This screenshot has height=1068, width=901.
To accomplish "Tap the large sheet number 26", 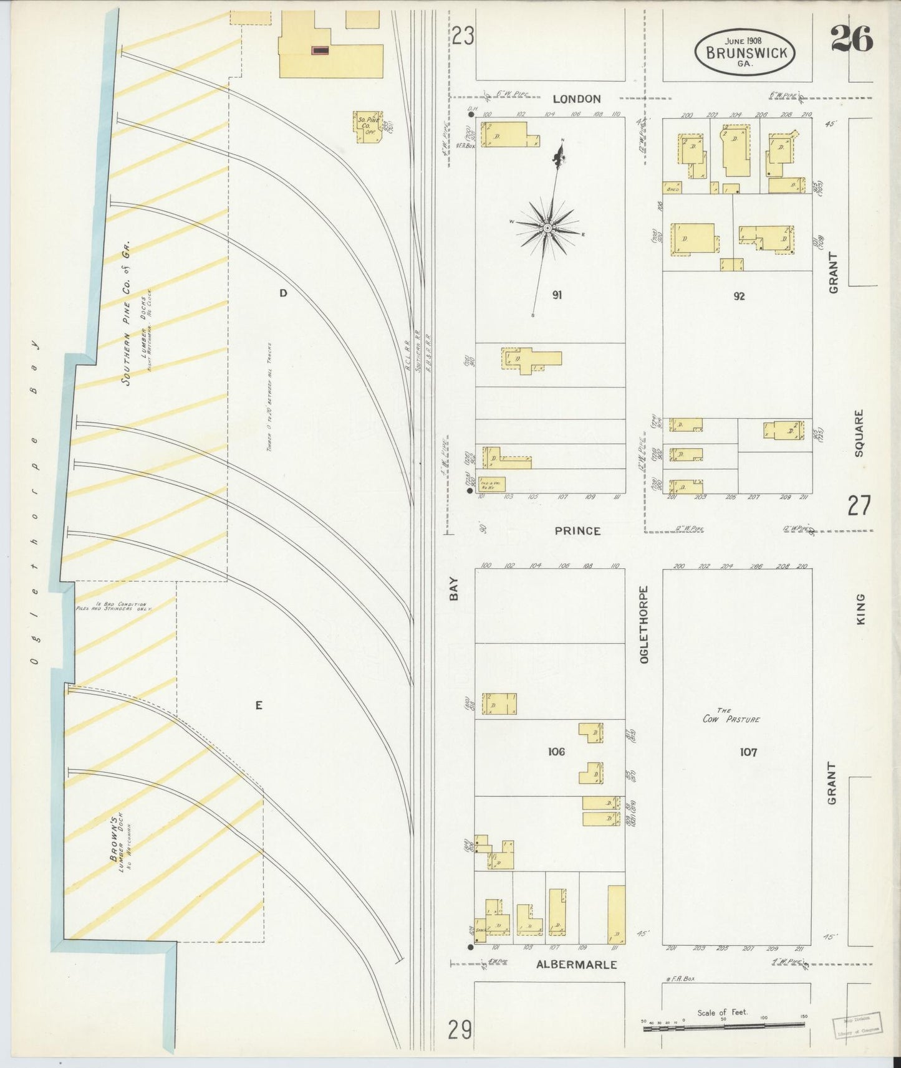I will point(851,41).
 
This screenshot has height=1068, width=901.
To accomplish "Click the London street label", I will point(577,99).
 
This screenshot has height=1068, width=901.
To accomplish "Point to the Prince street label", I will point(577,531).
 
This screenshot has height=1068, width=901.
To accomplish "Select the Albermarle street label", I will point(576,965).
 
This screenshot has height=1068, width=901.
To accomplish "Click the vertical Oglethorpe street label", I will point(644,624).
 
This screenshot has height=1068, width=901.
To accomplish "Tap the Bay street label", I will point(454,589).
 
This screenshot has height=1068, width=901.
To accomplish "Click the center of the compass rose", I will point(547,228).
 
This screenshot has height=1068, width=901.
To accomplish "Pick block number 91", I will point(557,295).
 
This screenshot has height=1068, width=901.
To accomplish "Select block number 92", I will point(739,297).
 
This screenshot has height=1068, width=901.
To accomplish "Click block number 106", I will point(556,752).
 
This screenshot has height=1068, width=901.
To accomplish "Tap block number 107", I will point(748,753).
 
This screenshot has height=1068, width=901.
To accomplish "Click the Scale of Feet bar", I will point(723,1023).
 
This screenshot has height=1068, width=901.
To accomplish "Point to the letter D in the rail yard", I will point(283,293).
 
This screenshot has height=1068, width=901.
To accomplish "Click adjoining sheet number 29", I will point(460,1030).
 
